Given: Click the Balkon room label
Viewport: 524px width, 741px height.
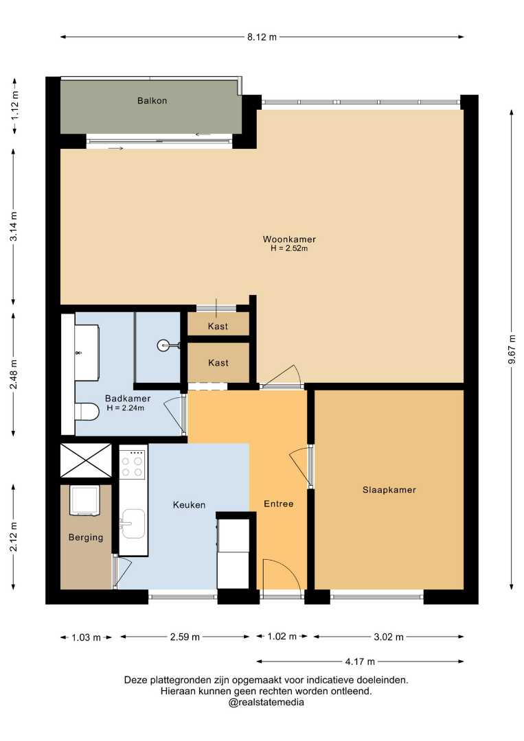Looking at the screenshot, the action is (152, 101).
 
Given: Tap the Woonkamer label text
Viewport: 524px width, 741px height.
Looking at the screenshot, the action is (289, 239).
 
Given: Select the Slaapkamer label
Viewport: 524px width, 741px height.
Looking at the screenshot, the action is (389, 490).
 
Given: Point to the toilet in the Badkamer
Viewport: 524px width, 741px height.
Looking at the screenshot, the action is (87, 411).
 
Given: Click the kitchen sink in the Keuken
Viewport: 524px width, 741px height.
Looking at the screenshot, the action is (133, 524).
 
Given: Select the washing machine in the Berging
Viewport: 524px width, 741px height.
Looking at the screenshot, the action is (84, 500).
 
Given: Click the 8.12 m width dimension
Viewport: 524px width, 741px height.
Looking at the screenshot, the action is (262, 37).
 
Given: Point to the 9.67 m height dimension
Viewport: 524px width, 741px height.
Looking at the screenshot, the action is (512, 349).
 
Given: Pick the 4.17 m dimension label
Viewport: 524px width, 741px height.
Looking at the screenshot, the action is (360, 661).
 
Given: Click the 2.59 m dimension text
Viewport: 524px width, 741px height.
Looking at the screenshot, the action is (185, 637).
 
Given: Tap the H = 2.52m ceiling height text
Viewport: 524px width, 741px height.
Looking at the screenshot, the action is (289, 248).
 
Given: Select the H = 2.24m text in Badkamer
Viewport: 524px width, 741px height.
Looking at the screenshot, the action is (125, 408).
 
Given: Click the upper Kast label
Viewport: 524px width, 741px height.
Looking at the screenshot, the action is (218, 327).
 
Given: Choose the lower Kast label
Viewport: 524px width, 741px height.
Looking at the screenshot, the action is (218, 363).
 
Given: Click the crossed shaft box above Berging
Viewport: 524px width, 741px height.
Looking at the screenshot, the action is (86, 460).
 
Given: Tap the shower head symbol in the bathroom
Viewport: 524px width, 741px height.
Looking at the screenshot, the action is (163, 346).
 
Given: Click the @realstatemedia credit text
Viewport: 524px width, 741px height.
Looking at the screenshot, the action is (266, 703).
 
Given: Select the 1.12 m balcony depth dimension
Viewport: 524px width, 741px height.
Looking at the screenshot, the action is (14, 105).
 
